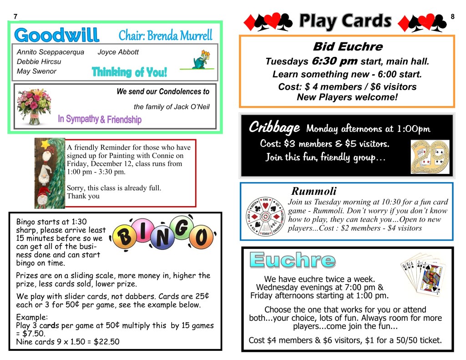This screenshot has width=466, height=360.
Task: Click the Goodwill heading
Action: click(56, 35)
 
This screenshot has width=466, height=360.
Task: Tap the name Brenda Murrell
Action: click(184, 35)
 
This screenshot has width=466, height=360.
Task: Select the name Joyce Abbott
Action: click(118, 52)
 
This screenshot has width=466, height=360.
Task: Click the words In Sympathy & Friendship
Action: click(100, 119)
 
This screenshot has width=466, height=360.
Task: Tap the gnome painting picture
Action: click(50, 173)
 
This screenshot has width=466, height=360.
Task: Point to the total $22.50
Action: click(106, 342)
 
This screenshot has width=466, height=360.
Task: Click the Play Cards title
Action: click(345, 20)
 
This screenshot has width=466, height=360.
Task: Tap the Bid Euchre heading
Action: click(348, 46)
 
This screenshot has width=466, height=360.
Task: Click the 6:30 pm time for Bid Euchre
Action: click(334, 61)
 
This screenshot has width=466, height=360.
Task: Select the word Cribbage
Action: click(274, 127)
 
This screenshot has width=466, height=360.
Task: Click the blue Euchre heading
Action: click(293, 260)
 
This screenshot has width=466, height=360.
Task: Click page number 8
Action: click(452, 17)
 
